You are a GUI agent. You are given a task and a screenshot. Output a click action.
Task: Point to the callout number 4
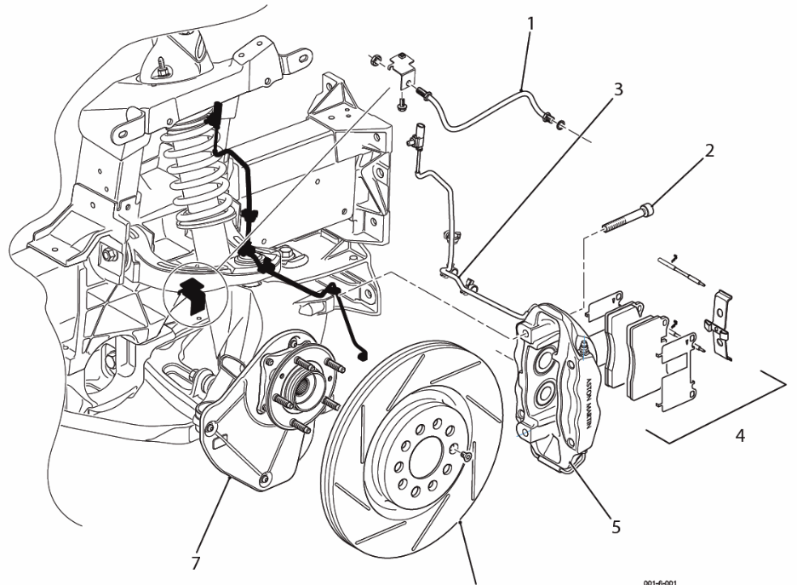coord(740,436)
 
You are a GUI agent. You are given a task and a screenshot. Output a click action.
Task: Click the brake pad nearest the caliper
coord(619,349)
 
